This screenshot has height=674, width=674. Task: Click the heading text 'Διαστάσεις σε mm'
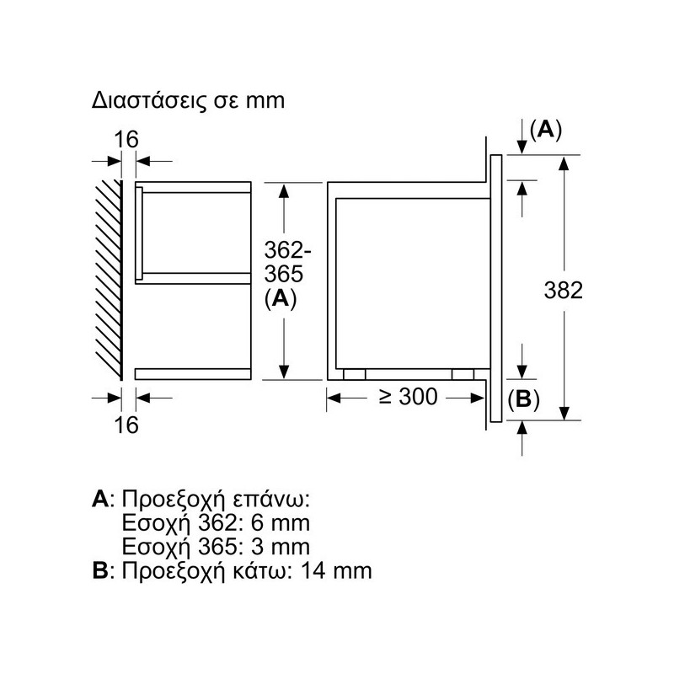(188, 101)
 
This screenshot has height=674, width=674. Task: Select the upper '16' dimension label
(126, 139)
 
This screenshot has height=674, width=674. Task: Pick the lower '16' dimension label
(126, 425)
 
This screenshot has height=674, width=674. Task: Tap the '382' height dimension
(563, 290)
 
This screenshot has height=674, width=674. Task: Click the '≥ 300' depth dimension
(408, 396)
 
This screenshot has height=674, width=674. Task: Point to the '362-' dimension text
(287, 250)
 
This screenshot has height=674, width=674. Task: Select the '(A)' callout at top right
(546, 130)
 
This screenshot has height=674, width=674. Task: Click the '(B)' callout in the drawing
(523, 399)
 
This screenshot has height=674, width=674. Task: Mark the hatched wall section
(109, 280)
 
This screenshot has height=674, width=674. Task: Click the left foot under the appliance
(355, 374)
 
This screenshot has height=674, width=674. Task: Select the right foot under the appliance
(463, 374)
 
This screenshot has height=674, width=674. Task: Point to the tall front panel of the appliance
(496, 288)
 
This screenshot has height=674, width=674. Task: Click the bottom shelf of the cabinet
(193, 374)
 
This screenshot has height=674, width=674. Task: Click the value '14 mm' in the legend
(336, 571)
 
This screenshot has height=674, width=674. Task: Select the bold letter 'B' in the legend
(99, 571)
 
